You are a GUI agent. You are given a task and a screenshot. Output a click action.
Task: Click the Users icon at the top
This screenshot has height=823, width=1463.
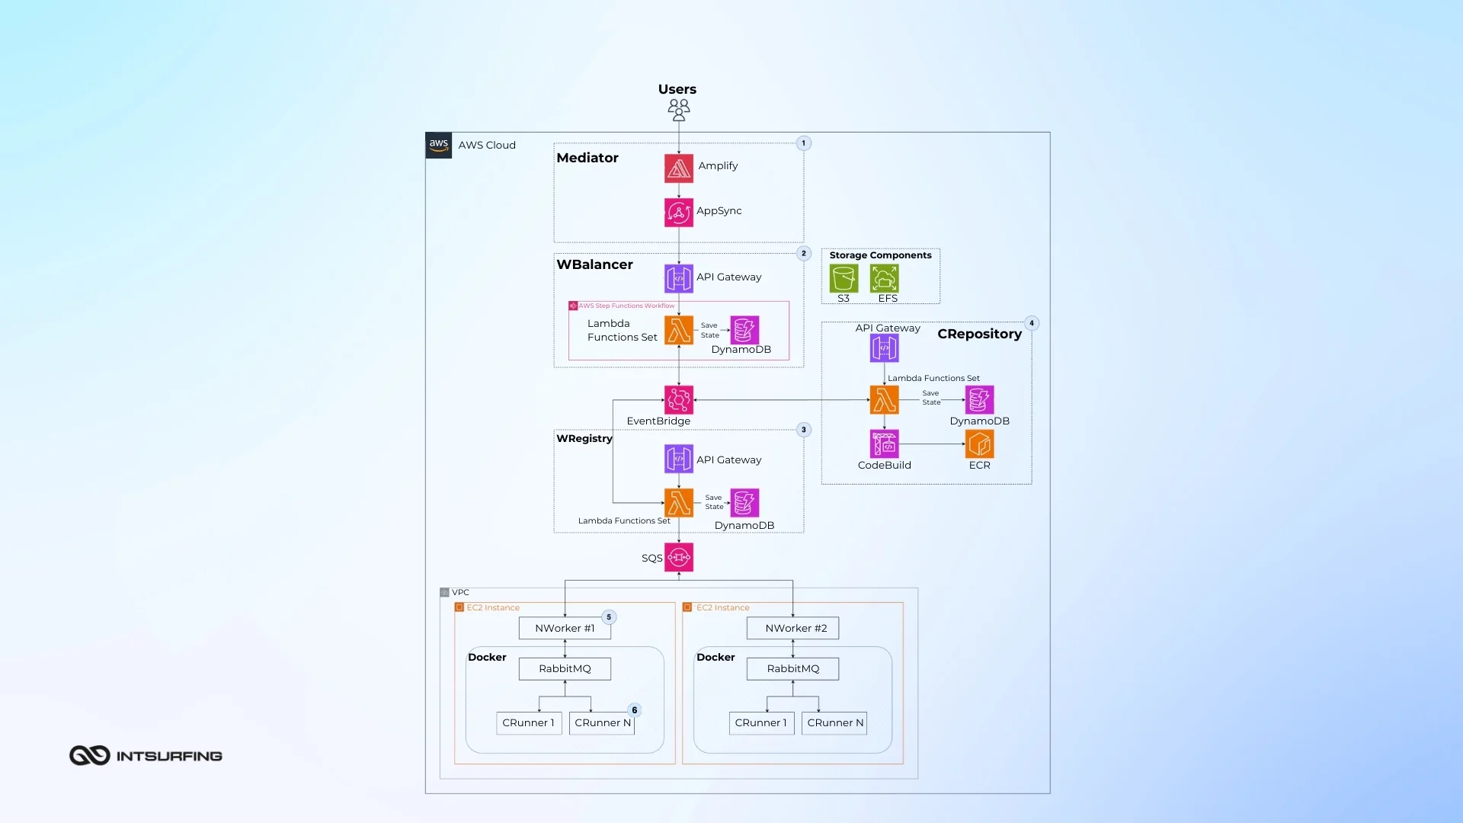(678, 110)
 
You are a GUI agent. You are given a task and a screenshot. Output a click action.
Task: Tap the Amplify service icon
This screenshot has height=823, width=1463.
(678, 168)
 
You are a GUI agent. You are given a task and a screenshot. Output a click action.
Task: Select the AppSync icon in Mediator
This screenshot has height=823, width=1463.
(678, 213)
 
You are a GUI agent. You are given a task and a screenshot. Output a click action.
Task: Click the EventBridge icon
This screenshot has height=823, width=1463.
(678, 400)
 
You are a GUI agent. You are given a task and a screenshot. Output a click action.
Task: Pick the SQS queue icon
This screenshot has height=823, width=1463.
(678, 557)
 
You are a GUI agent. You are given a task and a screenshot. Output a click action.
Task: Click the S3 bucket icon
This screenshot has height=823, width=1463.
(844, 278)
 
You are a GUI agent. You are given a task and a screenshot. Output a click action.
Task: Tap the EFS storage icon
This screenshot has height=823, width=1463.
(884, 278)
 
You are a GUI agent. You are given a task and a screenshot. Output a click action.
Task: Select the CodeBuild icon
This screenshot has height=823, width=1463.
(884, 444)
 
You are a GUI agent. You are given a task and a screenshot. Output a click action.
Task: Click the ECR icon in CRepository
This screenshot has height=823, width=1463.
(979, 444)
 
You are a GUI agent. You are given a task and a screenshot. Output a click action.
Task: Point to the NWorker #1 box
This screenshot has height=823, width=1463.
(565, 628)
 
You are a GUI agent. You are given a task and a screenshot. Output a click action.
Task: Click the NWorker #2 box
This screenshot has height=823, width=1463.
(792, 628)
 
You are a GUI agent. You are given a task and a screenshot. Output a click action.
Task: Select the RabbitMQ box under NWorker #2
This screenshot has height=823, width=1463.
(792, 668)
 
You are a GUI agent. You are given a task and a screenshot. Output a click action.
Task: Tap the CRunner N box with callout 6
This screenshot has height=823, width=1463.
(602, 722)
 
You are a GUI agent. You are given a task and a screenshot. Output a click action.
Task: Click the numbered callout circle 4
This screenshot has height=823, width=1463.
(1032, 323)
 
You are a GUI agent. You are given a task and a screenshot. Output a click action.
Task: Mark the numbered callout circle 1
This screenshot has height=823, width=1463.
(803, 143)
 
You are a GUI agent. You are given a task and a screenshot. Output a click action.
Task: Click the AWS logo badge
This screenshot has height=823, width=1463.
(438, 145)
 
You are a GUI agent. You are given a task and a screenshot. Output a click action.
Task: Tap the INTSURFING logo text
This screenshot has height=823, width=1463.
(168, 756)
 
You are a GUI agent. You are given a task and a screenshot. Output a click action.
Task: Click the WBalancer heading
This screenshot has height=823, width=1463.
(594, 264)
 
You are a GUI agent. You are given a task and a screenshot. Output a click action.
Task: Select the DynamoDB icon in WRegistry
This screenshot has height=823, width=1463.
(744, 503)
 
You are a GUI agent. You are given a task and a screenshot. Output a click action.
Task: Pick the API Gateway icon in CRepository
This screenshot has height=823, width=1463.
(884, 348)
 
